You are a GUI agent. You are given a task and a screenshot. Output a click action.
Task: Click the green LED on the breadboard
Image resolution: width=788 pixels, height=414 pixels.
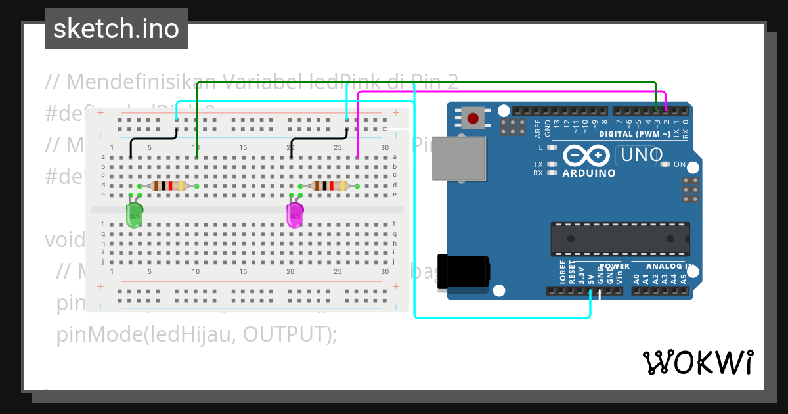tap(134, 215)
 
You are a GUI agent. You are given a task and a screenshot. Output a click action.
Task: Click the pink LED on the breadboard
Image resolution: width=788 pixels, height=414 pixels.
tap(295, 215)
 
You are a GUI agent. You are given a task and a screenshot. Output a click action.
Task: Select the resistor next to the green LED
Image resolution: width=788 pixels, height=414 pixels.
tap(168, 186)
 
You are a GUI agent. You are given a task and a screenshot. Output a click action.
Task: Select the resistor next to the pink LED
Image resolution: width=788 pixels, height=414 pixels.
tap(329, 186)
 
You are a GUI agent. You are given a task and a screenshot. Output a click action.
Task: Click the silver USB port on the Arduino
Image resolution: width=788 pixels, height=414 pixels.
tap(458, 158)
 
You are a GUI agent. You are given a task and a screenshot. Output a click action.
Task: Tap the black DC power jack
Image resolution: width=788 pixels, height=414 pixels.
tap(462, 271)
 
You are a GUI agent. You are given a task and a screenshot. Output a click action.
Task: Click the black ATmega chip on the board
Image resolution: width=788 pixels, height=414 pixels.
tap(620, 239)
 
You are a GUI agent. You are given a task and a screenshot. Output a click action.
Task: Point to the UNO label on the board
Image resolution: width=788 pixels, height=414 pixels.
tap(636, 156)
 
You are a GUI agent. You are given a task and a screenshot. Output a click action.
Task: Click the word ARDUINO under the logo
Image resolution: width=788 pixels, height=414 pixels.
tap(589, 173)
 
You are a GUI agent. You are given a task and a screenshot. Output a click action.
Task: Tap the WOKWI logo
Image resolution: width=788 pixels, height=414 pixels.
tap(698, 362)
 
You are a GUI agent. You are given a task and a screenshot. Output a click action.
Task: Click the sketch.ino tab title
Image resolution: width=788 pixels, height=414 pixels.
tap(116, 29)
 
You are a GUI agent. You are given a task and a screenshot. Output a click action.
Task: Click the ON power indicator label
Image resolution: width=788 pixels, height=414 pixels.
tap(680, 164)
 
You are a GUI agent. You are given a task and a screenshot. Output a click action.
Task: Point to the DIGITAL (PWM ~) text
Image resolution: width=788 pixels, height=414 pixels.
tap(635, 134)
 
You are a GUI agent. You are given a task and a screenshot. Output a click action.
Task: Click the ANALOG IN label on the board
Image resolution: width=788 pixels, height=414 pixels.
tap(670, 266)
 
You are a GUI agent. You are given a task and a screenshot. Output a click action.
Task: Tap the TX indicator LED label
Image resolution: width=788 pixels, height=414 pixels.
tap(538, 164)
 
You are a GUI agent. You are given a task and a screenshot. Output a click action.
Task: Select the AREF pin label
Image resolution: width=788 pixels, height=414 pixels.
tap(538, 127)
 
